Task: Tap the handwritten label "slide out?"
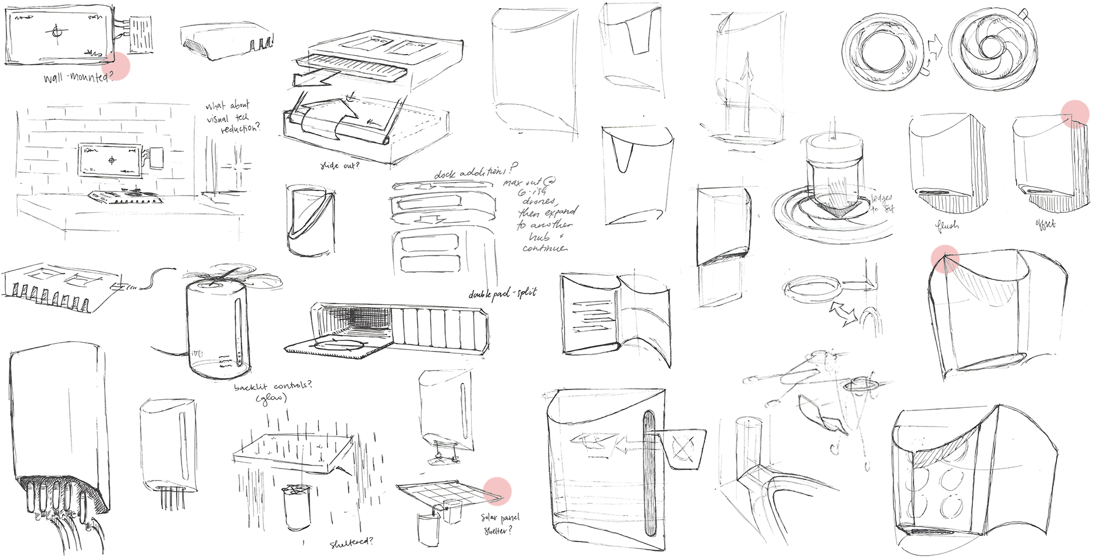340,166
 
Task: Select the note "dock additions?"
475,172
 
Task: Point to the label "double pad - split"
503,294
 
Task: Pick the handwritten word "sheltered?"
351,543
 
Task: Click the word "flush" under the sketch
947,225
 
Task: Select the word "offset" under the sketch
1045,224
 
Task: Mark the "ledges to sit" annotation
882,204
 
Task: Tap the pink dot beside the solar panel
497,491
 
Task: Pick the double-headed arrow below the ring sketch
843,312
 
